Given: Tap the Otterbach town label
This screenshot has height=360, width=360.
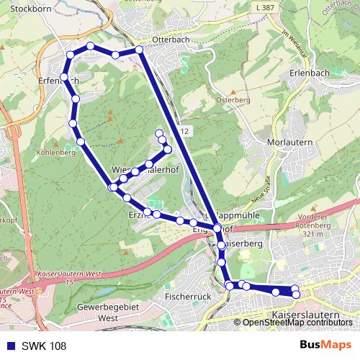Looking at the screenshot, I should click(170, 40).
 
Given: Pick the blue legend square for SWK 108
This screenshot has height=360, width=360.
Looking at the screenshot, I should click(8, 346).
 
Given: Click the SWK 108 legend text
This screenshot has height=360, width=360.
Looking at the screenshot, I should click(43, 346).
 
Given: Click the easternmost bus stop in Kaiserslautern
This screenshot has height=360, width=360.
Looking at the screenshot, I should click(295, 294).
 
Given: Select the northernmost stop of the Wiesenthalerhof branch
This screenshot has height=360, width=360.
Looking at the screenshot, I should click(158, 132).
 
